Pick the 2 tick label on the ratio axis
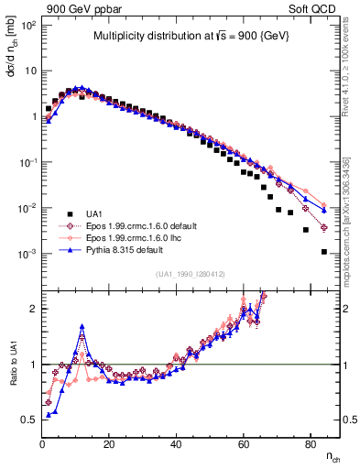point(30,309)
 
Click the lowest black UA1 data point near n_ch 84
point(324,252)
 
